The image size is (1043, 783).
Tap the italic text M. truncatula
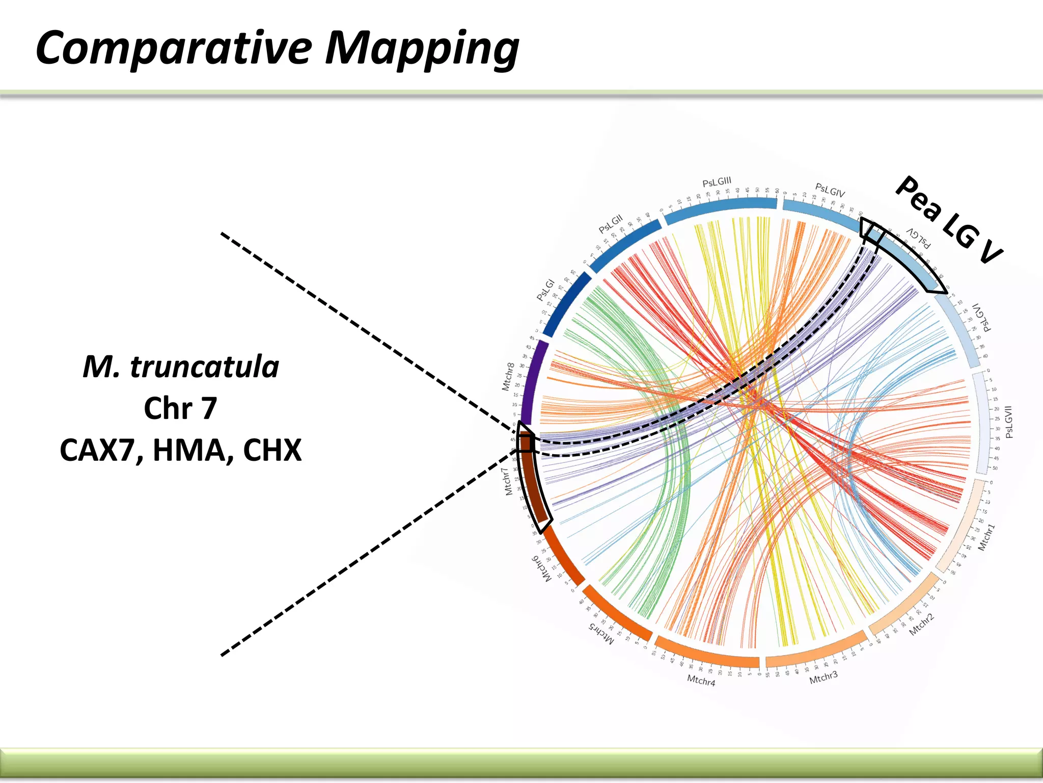click(x=181, y=367)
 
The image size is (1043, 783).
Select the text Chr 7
click(x=180, y=408)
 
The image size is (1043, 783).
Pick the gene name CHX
click(x=272, y=450)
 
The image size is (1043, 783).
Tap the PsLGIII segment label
click(x=717, y=182)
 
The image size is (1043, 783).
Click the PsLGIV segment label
click(x=830, y=190)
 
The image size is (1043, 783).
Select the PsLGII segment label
click(x=611, y=224)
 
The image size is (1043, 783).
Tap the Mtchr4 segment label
click(x=701, y=681)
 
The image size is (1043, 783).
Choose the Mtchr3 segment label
click(x=823, y=677)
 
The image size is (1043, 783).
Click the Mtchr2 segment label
click(x=922, y=624)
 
